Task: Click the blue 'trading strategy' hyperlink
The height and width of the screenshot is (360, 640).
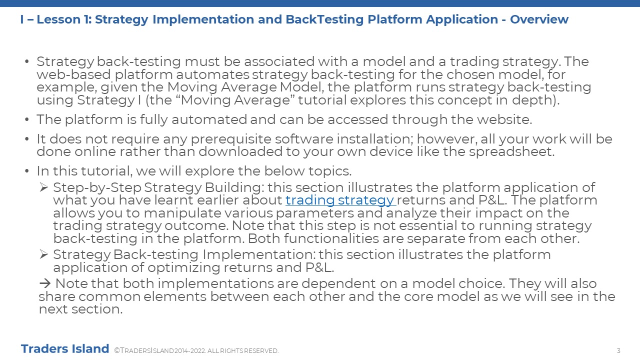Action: (340, 200)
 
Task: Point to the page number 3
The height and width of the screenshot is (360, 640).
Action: (618, 351)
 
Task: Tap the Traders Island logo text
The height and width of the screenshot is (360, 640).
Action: (65, 349)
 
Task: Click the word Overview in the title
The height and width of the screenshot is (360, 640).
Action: (539, 19)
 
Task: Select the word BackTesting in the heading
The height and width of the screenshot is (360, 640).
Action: (324, 19)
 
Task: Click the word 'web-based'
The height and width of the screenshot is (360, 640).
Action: (73, 74)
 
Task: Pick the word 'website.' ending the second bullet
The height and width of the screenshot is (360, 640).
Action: (504, 119)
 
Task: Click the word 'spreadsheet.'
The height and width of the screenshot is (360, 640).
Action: (511, 152)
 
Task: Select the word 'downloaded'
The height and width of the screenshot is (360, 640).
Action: (240, 151)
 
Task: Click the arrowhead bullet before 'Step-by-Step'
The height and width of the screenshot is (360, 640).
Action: (43, 187)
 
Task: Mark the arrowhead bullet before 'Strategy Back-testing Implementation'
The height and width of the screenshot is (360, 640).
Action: (43, 254)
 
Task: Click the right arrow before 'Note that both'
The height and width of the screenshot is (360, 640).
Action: (45, 283)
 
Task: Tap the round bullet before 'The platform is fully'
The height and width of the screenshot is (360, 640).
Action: (27, 119)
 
